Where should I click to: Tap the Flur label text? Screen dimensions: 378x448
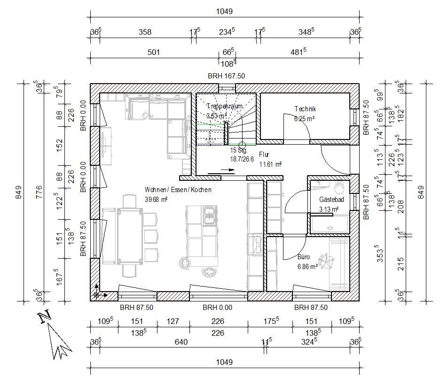[264, 154]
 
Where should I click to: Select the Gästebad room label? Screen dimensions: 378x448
[331, 200]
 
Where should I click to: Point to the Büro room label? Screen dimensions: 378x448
[304, 257]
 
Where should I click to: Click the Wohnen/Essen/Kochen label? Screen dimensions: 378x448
[178, 190]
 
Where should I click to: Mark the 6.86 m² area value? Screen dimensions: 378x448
[307, 266]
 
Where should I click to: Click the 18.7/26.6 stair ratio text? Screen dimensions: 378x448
[242, 159]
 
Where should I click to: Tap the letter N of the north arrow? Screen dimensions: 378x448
[45, 317]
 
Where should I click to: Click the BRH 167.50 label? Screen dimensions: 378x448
[226, 76]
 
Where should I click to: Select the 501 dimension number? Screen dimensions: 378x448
[154, 52]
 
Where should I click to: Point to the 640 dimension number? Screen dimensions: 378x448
[181, 342]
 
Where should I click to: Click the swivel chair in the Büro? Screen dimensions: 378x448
[325, 261]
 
